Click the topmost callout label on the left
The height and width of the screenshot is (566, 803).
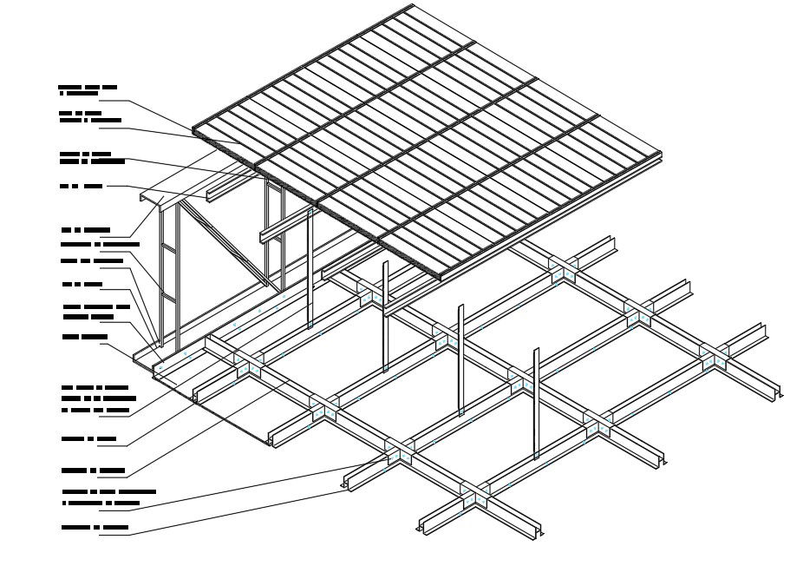pos(88,89)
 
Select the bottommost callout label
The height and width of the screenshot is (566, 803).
pos(95,527)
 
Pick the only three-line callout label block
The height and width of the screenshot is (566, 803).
pos(95,398)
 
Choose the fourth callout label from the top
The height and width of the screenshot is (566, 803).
pos(82,186)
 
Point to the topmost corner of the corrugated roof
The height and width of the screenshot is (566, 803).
pos(411,6)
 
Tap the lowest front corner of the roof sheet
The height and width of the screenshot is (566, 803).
pos(441,277)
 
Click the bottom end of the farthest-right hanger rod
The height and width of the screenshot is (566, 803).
pos(537,455)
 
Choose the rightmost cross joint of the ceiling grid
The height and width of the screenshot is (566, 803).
pos(714,357)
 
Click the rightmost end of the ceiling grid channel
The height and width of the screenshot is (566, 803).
pos(780,395)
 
